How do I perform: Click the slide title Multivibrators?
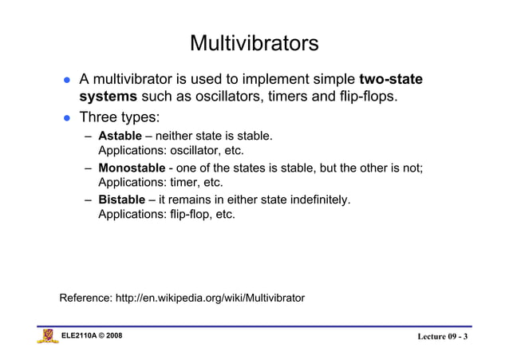pyautogui.click(x=254, y=43)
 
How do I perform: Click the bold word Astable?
pyautogui.click(x=114, y=136)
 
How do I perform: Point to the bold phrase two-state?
pyautogui.click(x=390, y=80)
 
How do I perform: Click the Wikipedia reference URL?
pyautogui.click(x=210, y=299)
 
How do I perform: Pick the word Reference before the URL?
pyautogui.click(x=85, y=299)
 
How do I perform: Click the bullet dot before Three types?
pyautogui.click(x=69, y=118)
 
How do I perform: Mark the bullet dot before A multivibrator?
pyautogui.click(x=69, y=81)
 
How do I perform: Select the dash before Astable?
pyautogui.click(x=90, y=137)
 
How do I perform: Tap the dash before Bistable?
pyautogui.click(x=90, y=200)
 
